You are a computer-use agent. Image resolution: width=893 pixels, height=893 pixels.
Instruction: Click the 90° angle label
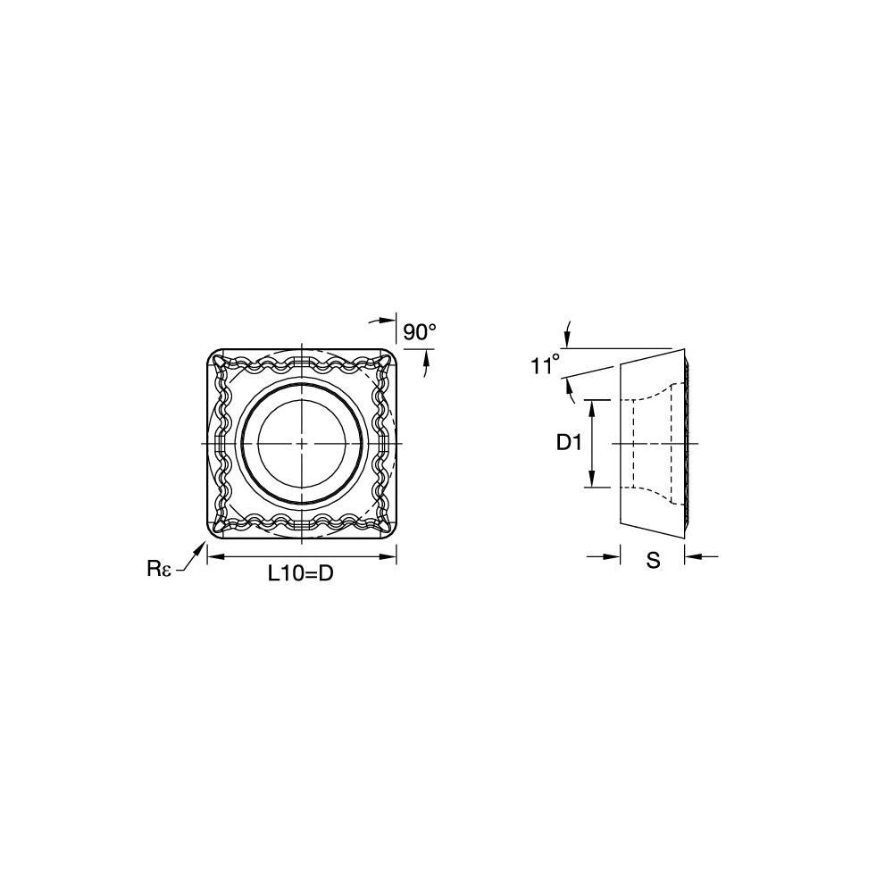tap(419, 332)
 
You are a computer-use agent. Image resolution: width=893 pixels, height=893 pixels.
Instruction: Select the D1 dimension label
tap(569, 443)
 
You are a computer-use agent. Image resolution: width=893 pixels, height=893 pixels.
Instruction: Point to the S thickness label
tap(654, 561)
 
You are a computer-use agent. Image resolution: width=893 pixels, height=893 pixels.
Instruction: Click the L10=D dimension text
tap(301, 574)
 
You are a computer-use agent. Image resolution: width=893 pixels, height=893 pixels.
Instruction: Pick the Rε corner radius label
tap(159, 568)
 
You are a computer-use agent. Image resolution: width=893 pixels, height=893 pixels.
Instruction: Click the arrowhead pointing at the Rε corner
tap(200, 548)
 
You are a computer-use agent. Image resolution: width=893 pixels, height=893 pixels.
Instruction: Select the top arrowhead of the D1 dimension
tap(592, 407)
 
